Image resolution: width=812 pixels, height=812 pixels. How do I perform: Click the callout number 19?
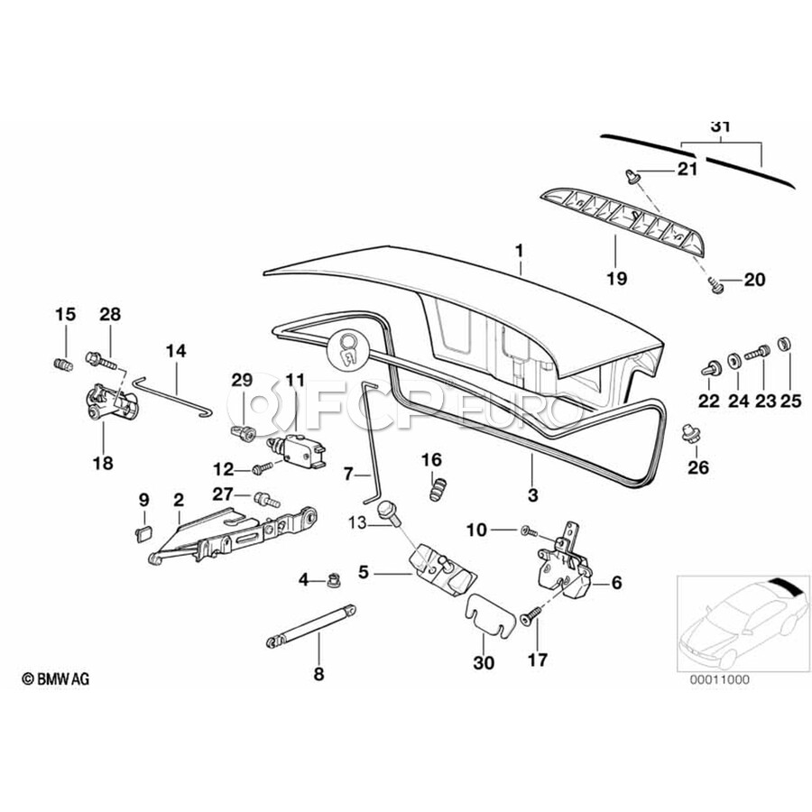[x=616, y=279]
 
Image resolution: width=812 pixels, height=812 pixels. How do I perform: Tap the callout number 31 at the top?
[x=720, y=127]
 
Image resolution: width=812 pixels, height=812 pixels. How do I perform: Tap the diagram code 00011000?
[x=720, y=678]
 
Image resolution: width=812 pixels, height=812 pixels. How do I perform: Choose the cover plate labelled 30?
[x=490, y=613]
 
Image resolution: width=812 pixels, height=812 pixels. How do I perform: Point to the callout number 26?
[x=698, y=467]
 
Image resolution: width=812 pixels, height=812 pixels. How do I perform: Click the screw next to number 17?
[x=530, y=616]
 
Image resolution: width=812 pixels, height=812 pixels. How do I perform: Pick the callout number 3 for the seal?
[x=532, y=494]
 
